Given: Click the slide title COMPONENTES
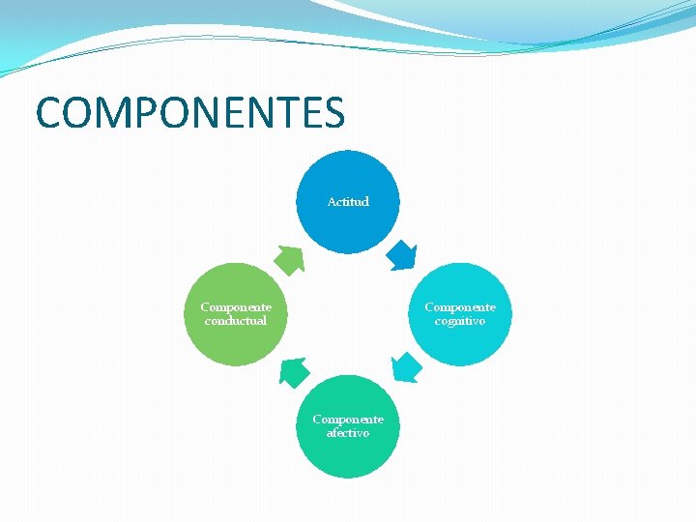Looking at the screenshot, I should coord(190,113).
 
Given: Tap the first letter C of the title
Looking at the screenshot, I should coord(49,113).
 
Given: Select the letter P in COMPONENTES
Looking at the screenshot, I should coord(144,113).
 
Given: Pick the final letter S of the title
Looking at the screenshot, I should coord(332,113).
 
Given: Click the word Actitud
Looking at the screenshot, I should coord(348,202).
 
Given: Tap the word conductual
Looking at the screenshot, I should coord(236,321).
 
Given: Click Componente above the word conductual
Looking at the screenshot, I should coord(236,307).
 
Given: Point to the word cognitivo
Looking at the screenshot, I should coord(460,321).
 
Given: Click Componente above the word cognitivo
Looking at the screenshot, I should coord(460,307).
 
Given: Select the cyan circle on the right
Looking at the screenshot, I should coord(460,338).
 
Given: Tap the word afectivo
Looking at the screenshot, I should coord(348,433).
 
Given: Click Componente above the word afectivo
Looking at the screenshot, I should coord(348,420).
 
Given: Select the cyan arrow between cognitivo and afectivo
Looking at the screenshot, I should coord(407,368).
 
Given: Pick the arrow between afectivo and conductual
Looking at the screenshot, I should coord(294,372).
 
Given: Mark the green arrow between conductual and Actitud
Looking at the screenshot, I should coord(289,259).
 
